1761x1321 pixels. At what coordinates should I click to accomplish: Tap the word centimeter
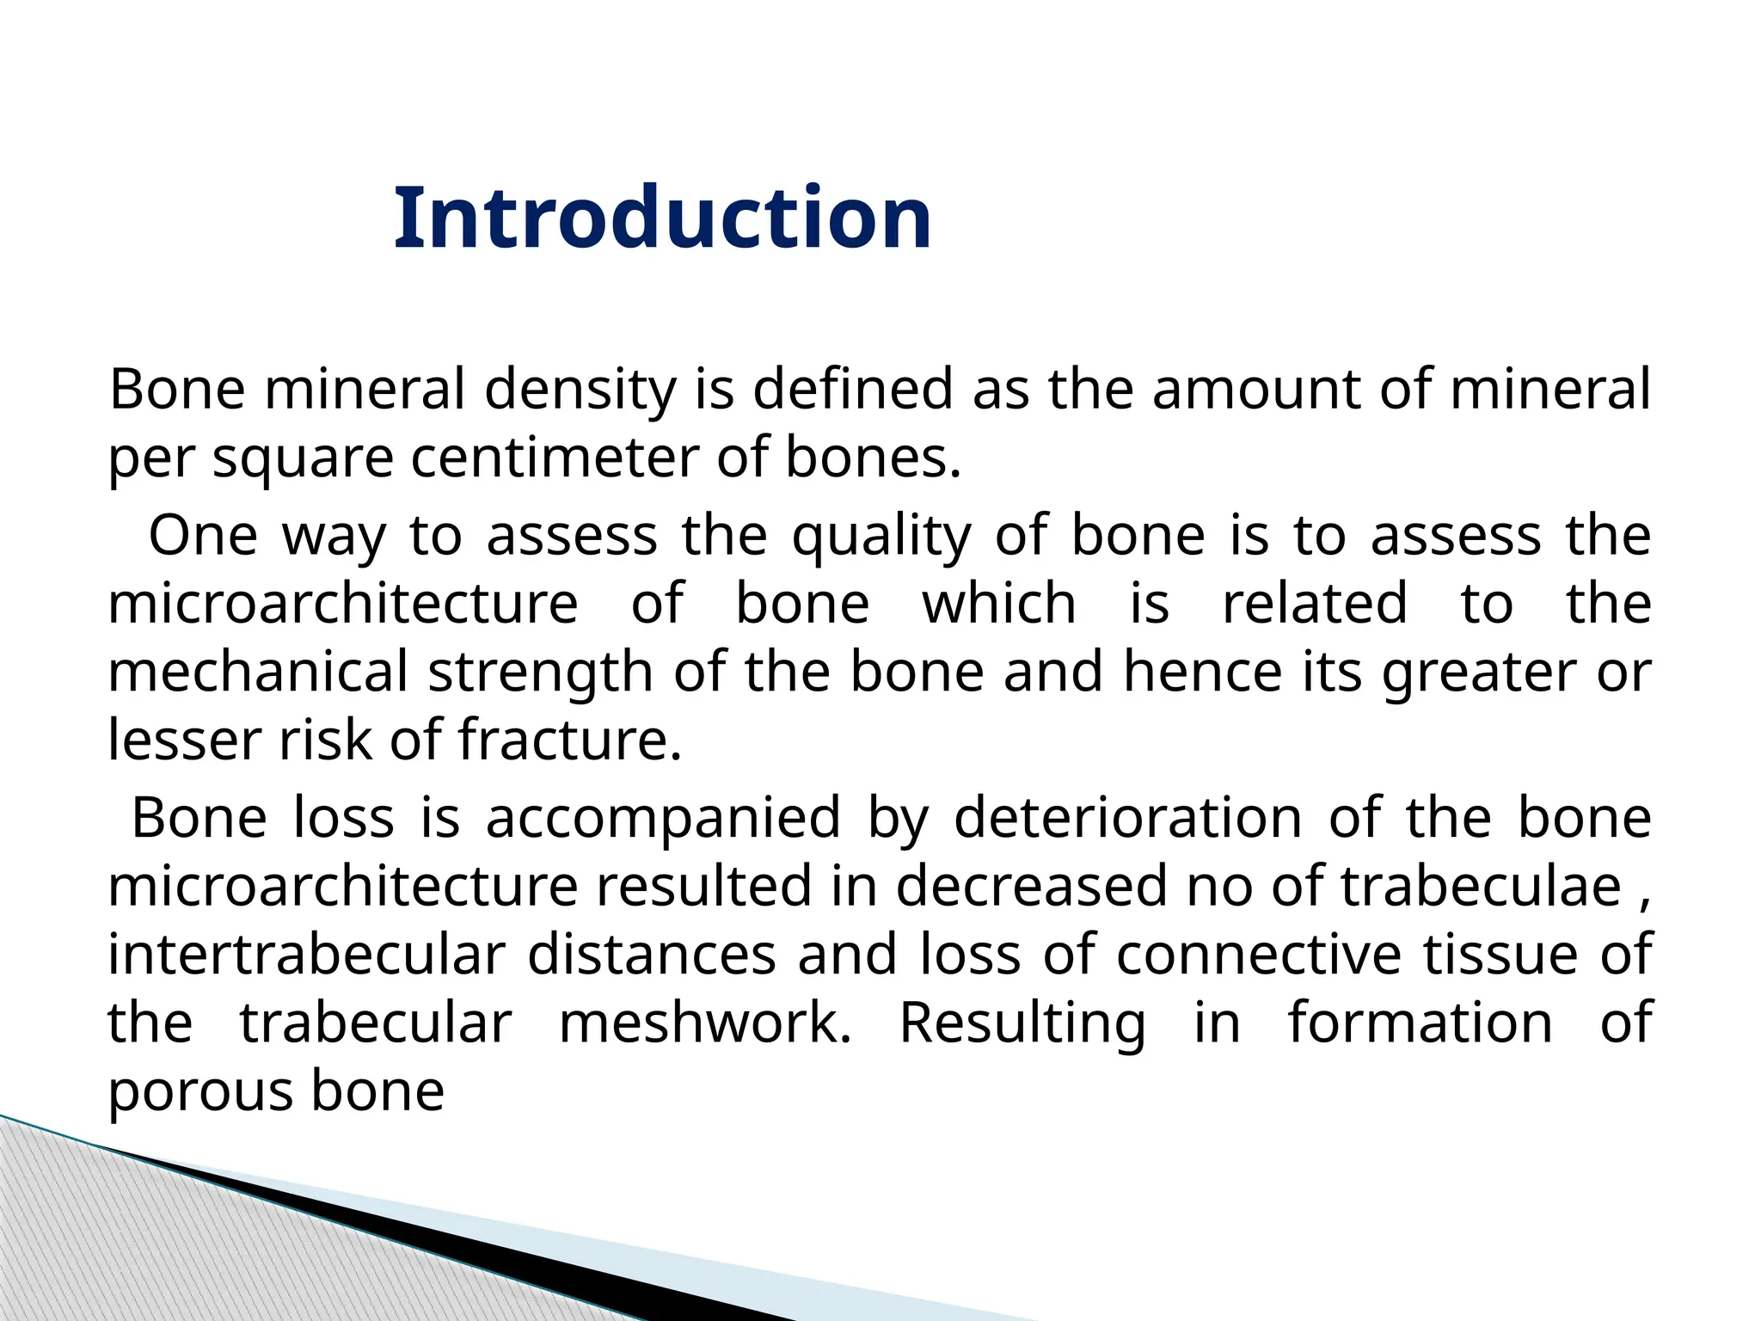[554, 458]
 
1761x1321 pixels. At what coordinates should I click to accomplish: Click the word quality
[880, 536]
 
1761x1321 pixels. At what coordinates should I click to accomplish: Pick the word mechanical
[257, 672]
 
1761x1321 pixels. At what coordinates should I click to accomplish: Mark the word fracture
[569, 740]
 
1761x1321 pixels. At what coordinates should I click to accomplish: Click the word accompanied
[663, 818]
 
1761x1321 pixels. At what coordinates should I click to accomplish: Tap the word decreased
[1032, 886]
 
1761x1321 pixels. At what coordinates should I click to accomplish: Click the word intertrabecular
[306, 955]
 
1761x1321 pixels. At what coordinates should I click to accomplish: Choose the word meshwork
[705, 1023]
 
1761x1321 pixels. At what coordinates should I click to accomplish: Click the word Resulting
[1022, 1024]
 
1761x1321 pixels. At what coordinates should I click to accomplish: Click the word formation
[1420, 1023]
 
